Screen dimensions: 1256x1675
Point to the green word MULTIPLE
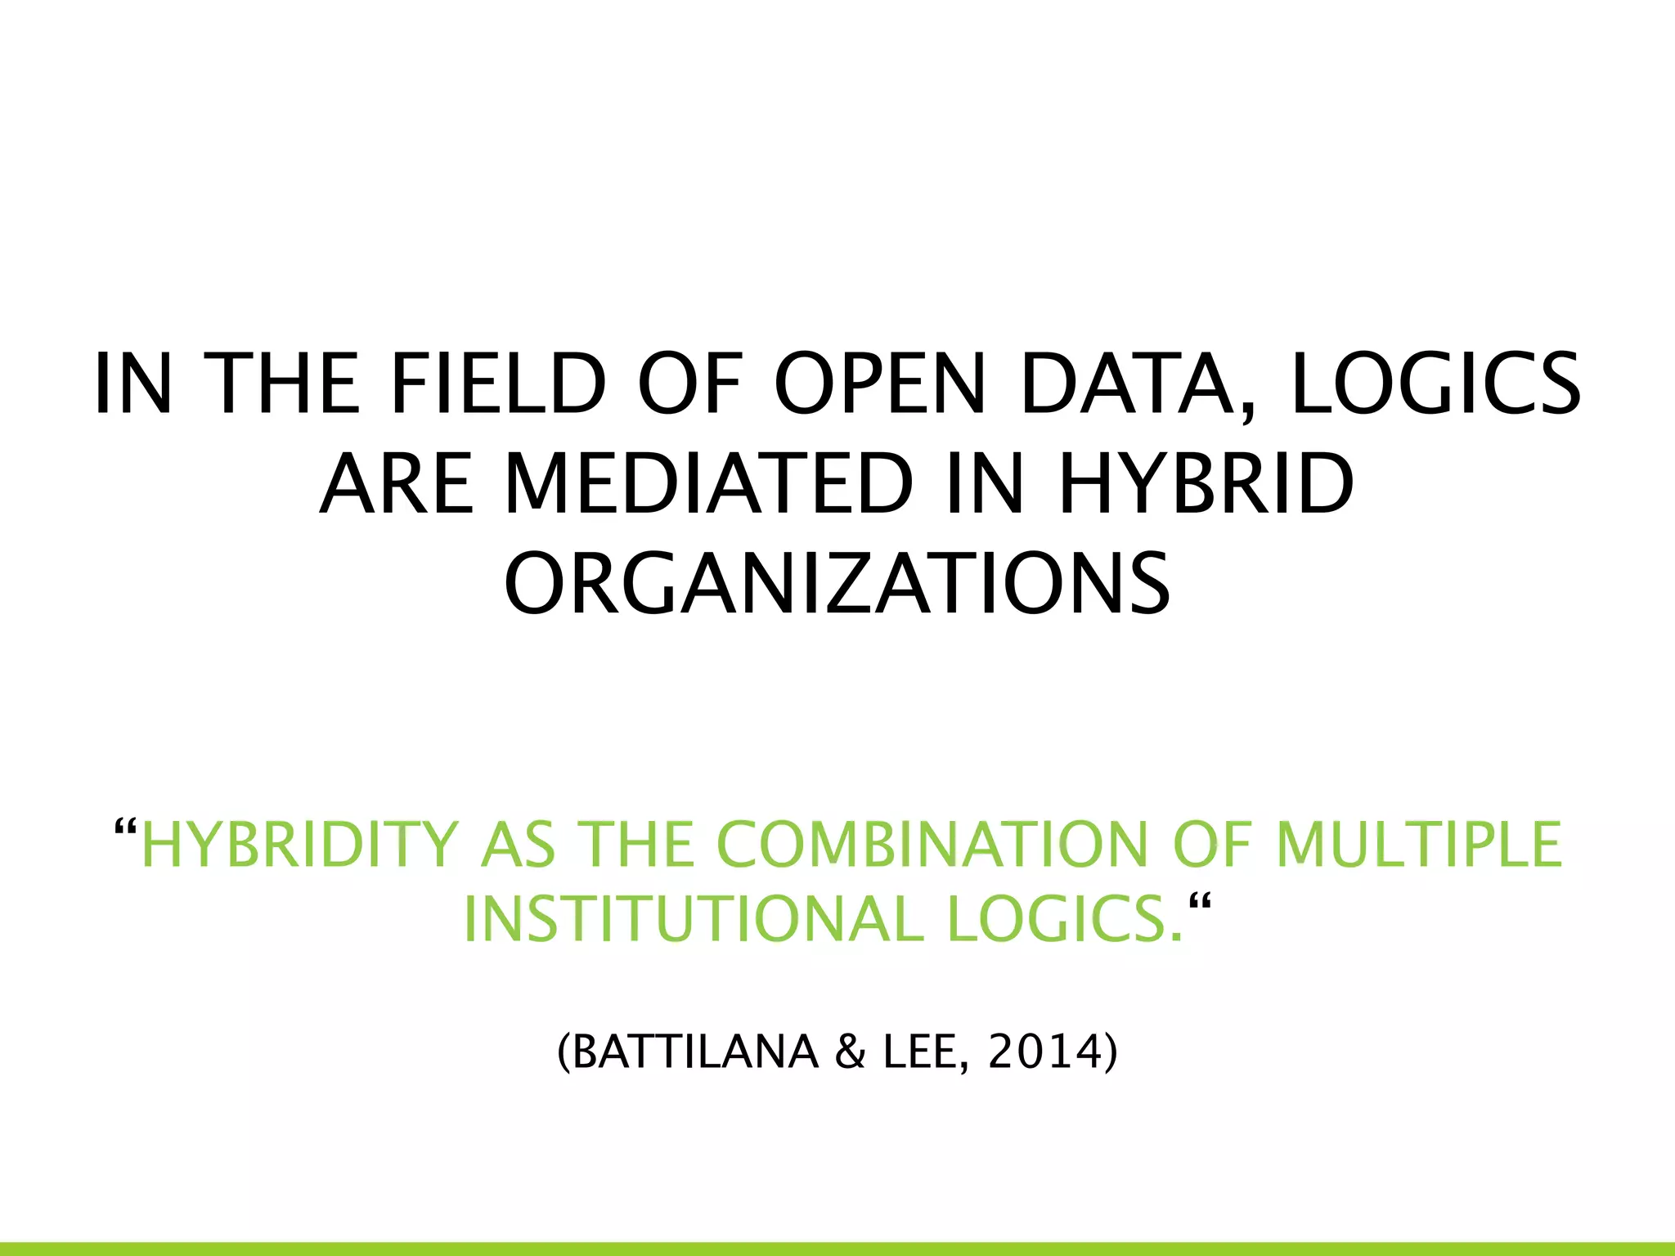(x=1420, y=844)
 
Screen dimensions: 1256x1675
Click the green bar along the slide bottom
(x=837, y=1249)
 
